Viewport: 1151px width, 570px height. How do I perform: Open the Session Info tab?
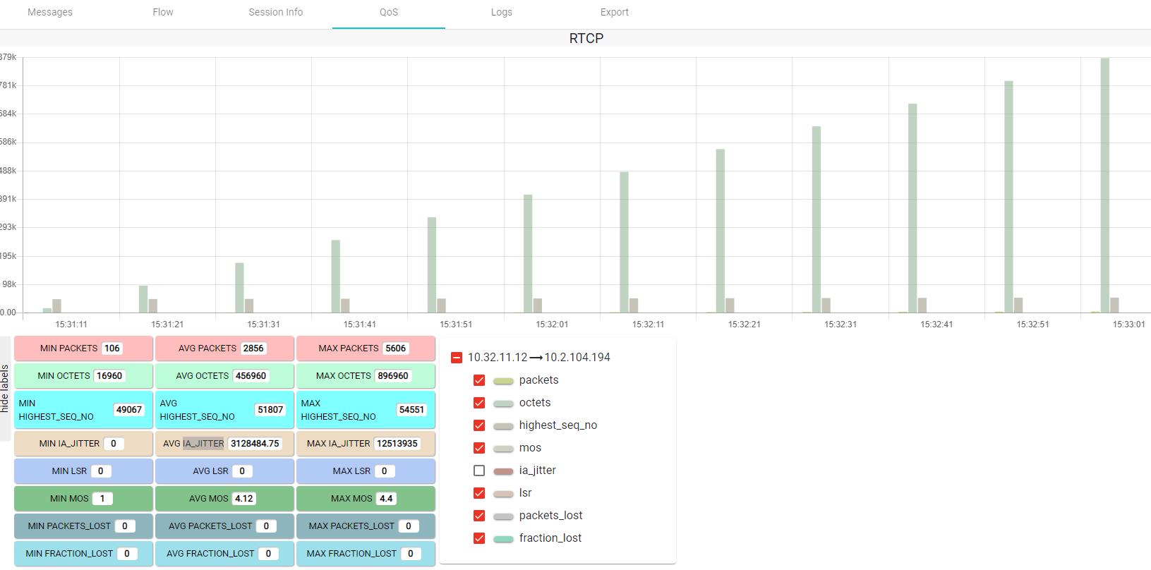pos(275,12)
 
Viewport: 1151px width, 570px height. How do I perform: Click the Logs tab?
pos(501,12)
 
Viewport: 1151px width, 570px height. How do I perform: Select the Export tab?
pos(614,12)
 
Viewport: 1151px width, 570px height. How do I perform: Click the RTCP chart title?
pos(586,38)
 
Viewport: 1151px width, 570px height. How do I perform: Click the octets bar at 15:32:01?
pos(528,253)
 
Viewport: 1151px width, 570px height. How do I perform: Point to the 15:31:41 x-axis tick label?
pos(359,325)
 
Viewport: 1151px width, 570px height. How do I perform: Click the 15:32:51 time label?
pos(1032,325)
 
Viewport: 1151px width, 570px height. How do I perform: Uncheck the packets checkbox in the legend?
pos(479,380)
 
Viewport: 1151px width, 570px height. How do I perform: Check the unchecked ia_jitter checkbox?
pos(479,471)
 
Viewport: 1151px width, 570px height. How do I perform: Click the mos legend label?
pos(530,448)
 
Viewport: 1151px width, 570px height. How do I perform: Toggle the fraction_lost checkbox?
pos(479,538)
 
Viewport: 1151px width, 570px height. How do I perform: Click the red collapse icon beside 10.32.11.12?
pos(457,358)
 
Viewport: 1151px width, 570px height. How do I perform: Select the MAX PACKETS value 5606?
pos(395,348)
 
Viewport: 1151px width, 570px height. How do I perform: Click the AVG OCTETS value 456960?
pos(251,376)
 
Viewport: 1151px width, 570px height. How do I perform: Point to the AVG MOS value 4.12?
pos(243,499)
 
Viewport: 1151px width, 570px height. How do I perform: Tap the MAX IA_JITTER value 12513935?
pos(397,444)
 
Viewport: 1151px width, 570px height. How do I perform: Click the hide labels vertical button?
pos(5,388)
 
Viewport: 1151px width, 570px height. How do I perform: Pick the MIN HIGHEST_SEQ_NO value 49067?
pos(128,410)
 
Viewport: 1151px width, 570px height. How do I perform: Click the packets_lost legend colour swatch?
pos(503,516)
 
